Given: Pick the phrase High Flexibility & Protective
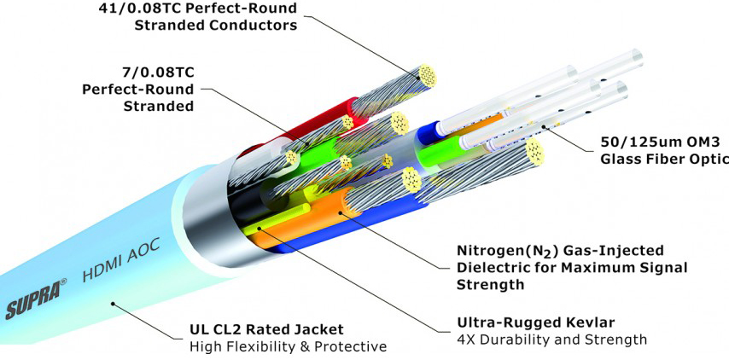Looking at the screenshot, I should tap(287, 346).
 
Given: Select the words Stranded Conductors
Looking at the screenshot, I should tap(215, 26).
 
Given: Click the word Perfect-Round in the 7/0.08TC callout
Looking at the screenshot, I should tap(137, 89).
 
